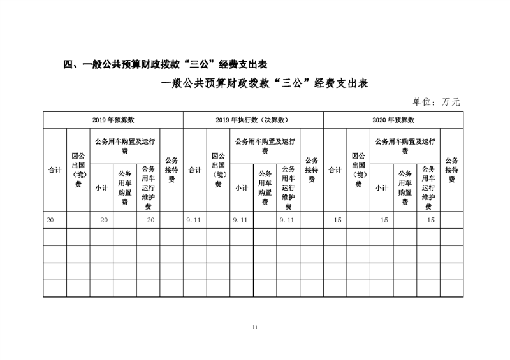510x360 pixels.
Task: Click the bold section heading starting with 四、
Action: pos(165,64)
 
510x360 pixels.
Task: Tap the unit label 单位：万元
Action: pos(437,101)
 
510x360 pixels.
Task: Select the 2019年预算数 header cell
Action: pos(113,120)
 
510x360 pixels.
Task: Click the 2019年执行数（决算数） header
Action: pos(253,120)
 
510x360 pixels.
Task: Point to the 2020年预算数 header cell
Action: pos(393,120)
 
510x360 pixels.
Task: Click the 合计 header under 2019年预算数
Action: pos(55,170)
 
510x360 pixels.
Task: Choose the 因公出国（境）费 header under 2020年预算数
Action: pos(358,170)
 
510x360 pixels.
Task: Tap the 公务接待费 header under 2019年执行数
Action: pos(312,170)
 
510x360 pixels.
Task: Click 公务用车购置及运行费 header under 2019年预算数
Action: pos(125,146)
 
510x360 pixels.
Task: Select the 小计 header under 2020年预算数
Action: pos(381,188)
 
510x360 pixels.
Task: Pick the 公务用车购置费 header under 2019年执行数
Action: pos(265,188)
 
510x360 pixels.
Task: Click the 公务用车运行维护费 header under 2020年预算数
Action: pos(428,188)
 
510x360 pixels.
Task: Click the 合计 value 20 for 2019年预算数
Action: pos(51,220)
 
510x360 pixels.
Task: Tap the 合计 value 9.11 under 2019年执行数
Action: pos(193,220)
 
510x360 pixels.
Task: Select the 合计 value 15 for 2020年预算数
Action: pos(338,220)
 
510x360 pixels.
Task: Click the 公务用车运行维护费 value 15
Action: pos(431,220)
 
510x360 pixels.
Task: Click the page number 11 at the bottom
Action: pos(254,328)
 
